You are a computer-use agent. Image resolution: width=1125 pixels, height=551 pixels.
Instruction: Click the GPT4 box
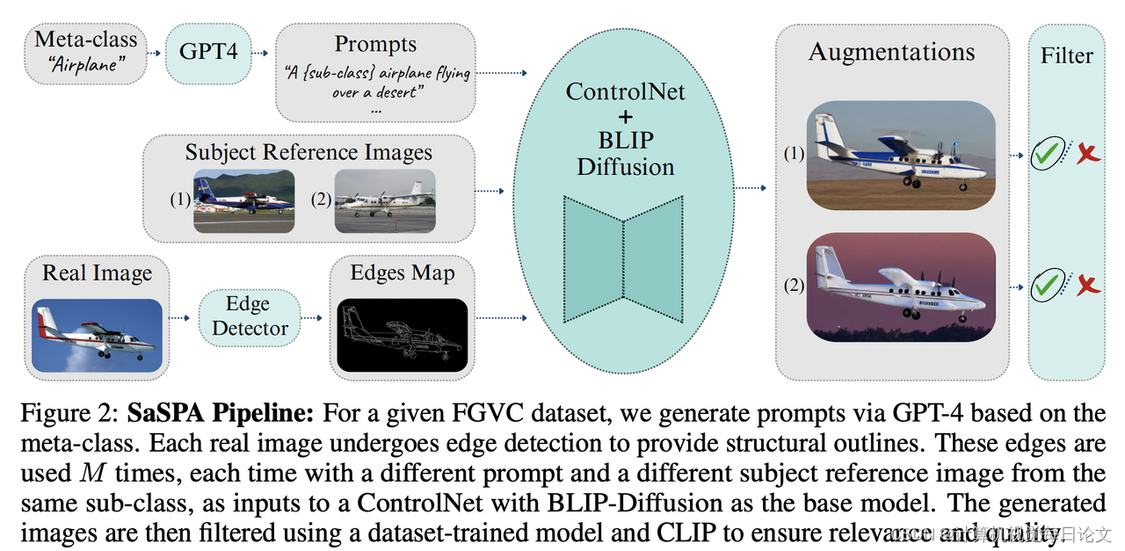(209, 52)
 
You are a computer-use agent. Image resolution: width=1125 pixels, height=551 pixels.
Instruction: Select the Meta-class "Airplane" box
(85, 52)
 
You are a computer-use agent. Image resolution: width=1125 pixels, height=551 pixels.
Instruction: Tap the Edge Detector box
(250, 317)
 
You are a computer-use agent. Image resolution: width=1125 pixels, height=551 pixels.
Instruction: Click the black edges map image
(403, 335)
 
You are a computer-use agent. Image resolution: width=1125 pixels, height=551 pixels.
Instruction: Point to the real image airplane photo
(97, 335)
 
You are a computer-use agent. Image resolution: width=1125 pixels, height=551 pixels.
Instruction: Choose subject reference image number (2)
(384, 200)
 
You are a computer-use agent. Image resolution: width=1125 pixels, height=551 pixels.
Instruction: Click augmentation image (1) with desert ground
(901, 155)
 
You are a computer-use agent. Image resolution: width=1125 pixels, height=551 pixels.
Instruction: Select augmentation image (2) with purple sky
(901, 286)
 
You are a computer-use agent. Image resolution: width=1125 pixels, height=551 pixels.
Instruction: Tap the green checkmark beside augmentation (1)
(1046, 155)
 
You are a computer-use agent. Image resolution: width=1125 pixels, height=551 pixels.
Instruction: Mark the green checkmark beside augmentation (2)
(1046, 286)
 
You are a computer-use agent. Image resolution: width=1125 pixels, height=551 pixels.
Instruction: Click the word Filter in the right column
(1066, 55)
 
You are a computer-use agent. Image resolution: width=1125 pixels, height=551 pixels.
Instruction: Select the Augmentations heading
(891, 52)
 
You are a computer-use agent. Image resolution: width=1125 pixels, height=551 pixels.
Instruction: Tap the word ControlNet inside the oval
(625, 91)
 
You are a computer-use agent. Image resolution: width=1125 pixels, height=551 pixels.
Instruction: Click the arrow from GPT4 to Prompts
(258, 53)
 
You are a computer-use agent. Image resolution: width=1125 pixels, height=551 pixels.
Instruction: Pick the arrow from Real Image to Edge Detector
(179, 317)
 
